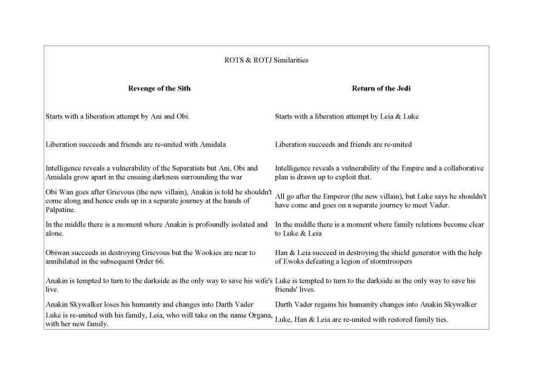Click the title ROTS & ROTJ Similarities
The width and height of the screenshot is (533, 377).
click(x=266, y=60)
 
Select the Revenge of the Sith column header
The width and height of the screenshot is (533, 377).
click(x=159, y=88)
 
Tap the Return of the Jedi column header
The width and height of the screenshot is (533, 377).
click(x=381, y=88)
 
